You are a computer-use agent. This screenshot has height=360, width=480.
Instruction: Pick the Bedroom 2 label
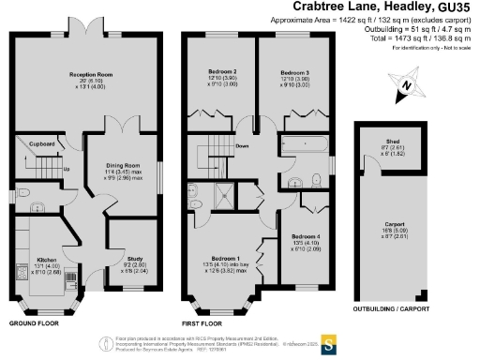pyautogui.click(x=221, y=71)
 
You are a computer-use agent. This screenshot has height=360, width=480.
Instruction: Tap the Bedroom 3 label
pyautogui.click(x=294, y=71)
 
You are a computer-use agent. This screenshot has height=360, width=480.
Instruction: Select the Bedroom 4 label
pyautogui.click(x=306, y=236)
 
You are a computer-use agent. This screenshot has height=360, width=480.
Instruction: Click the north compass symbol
pyautogui.click(x=404, y=88)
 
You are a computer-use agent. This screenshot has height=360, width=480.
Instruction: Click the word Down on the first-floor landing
pyautogui.click(x=241, y=145)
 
